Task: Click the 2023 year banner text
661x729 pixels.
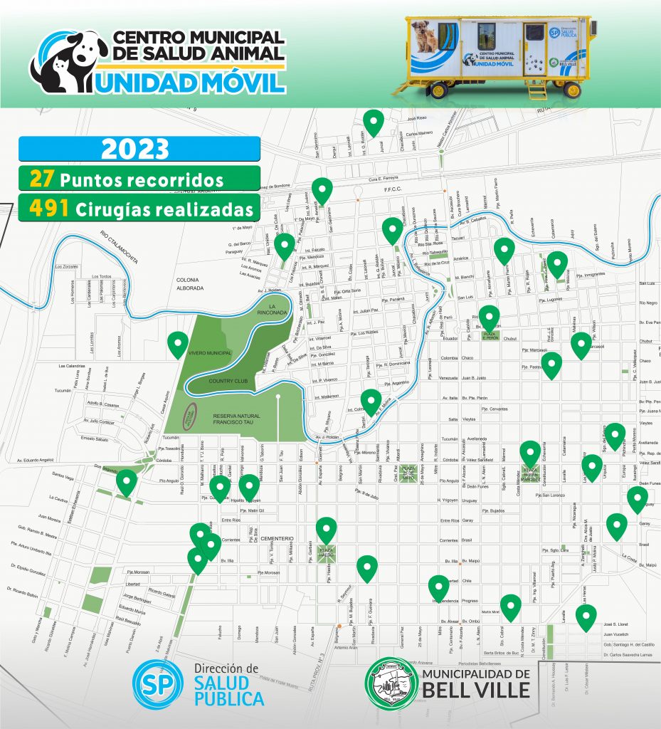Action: pos(135,150)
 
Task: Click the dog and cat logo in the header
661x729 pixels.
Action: pos(68,62)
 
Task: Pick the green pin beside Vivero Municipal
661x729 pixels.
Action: pos(178,344)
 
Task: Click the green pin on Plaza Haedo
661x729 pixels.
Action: pos(326,530)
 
